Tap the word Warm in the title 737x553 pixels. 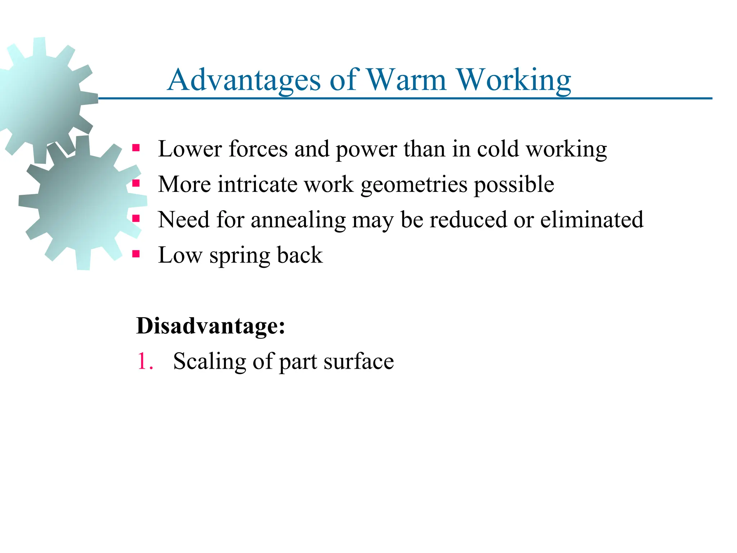tap(406, 80)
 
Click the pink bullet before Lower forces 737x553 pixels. tap(136, 148)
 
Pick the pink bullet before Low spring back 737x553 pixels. tap(136, 254)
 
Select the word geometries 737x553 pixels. tap(414, 185)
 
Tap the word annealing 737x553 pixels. tap(298, 220)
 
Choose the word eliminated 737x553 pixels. tap(592, 219)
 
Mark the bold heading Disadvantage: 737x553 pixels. tap(211, 326)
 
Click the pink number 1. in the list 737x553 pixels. tap(145, 361)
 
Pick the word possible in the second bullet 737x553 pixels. tap(514, 184)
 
